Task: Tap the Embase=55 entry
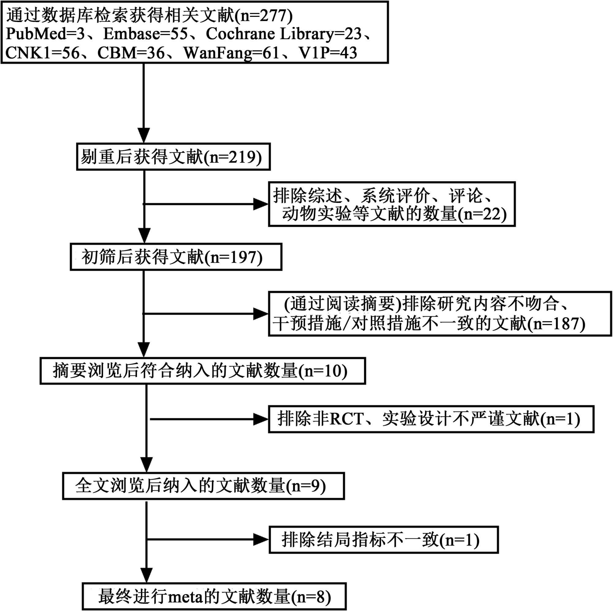pos(146,34)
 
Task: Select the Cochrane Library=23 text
pos(284,34)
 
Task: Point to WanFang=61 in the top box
pos(232,53)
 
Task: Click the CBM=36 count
pos(131,53)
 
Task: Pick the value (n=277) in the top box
pos(263,15)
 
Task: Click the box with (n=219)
pos(173,157)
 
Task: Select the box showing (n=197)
pos(176,257)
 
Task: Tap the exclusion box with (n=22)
pos(391,204)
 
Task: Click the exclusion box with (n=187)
pos(440,314)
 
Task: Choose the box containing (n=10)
pos(202,371)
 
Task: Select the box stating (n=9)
pos(203,486)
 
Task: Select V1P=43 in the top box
pos(328,53)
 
